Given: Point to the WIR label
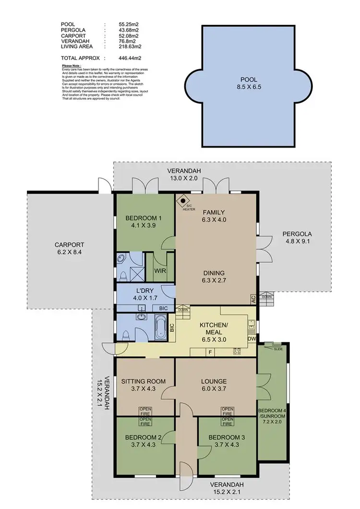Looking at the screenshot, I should pos(160,270).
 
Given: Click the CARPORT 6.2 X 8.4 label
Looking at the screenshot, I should pos(70,248).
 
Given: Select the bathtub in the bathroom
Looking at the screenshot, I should pos(161,326).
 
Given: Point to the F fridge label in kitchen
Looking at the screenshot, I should pos(210,352).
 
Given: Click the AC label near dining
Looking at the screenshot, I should pos(253,299).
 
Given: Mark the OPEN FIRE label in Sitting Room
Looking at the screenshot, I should pos(145,411).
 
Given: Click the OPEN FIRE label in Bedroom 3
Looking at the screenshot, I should pos(227,421).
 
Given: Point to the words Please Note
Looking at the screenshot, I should pos(72,66).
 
